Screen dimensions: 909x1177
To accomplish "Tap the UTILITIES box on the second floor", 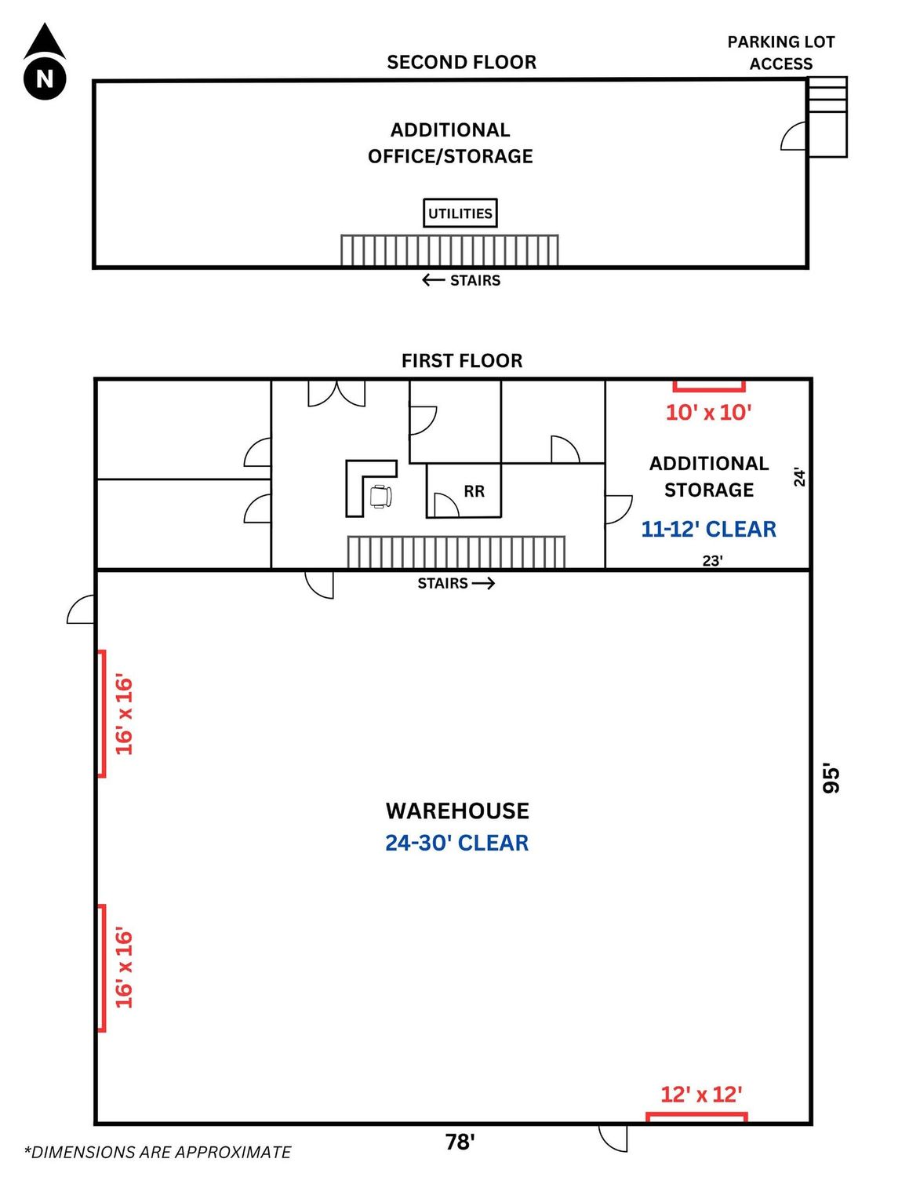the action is (460, 213).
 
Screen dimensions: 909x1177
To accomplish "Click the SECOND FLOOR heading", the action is (461, 62).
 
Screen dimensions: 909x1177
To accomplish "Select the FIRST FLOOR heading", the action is (462, 361).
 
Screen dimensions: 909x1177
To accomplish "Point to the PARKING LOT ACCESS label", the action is (780, 53).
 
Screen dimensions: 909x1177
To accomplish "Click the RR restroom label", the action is (474, 491).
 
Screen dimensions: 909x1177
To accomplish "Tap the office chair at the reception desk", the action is (380, 497).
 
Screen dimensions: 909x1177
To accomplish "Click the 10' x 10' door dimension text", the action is (709, 413).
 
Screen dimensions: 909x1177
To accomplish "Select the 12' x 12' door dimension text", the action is (701, 1095).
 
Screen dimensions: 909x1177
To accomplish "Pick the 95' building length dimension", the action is (831, 779).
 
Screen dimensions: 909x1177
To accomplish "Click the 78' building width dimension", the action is (460, 1142).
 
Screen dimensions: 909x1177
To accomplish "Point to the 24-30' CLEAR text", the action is (457, 843).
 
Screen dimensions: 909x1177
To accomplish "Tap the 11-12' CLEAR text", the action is (709, 529).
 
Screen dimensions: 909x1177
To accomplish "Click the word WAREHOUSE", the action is (457, 811).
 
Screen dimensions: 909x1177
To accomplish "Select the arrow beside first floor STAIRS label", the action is (483, 583).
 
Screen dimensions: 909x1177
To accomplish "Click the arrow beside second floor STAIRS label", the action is (433, 280).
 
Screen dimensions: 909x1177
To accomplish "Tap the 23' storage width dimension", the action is (712, 561).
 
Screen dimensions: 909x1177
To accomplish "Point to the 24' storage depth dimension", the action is (800, 477).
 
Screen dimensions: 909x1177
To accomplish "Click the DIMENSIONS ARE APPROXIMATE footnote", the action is (158, 1152).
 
